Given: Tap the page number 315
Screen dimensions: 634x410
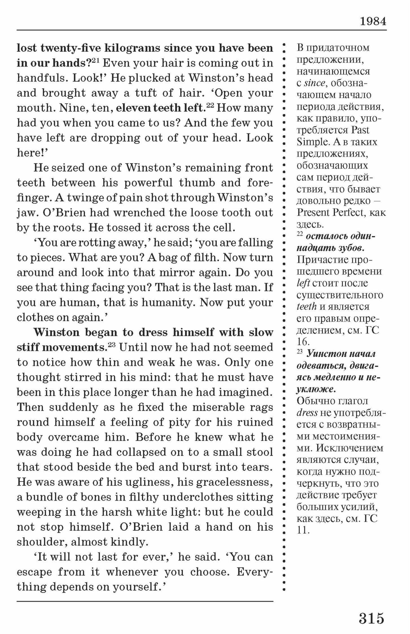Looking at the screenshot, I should (x=371, y=618).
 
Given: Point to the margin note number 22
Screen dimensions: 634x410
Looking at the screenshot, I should (x=300, y=235).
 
